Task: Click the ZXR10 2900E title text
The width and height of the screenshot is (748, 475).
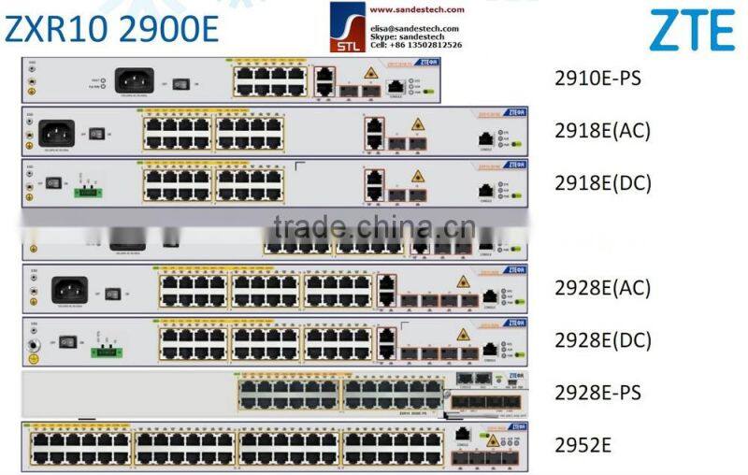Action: (x=112, y=30)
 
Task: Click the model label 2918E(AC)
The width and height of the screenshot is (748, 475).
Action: (x=603, y=129)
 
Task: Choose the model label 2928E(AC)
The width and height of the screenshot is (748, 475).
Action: (x=603, y=287)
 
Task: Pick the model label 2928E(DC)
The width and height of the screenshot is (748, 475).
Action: (x=603, y=339)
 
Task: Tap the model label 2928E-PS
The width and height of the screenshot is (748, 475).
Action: (x=598, y=392)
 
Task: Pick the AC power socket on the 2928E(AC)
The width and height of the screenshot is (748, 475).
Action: (x=69, y=290)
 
